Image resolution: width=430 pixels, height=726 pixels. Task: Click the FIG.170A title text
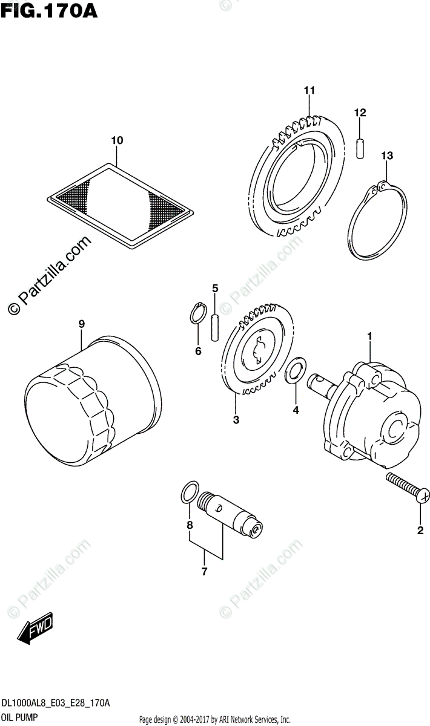[48, 10]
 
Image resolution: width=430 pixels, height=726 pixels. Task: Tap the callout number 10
[117, 140]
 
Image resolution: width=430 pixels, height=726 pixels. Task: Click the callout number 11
[309, 91]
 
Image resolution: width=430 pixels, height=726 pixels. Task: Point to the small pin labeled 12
[359, 148]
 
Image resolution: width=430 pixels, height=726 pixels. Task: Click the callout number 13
[386, 155]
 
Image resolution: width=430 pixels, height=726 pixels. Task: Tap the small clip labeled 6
[197, 314]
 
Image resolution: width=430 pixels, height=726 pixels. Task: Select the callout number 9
[81, 324]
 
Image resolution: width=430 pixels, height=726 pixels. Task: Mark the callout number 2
[419, 531]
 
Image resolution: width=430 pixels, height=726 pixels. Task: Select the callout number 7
[204, 571]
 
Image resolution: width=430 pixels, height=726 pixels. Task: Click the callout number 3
[236, 419]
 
